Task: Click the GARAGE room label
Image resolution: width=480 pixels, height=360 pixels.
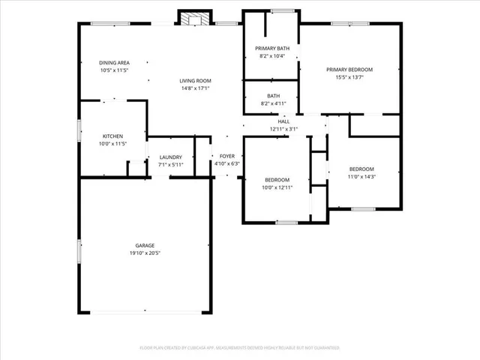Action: tap(145, 245)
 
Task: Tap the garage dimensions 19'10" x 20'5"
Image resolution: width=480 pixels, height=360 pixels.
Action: tap(145, 253)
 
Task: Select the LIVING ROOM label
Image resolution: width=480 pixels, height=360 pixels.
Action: tap(195, 81)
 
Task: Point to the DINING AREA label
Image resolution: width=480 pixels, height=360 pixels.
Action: tap(115, 62)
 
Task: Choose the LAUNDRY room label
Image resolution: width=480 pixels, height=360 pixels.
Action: tap(170, 157)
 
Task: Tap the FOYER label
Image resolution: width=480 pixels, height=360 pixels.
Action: tap(226, 156)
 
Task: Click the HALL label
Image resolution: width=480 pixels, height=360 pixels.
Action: tap(283, 121)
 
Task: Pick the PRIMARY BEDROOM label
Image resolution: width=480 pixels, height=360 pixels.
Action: tap(349, 69)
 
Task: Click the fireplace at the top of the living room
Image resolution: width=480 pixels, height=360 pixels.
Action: tap(195, 17)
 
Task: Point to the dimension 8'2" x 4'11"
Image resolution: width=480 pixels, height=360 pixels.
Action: tap(273, 103)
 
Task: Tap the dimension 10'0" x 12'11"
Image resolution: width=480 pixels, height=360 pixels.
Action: tap(277, 187)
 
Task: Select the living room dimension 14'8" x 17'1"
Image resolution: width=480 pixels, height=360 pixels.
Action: tap(195, 88)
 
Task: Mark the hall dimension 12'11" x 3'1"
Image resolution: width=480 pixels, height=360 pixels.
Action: tap(283, 129)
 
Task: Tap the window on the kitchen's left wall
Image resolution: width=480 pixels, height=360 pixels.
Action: tap(80, 130)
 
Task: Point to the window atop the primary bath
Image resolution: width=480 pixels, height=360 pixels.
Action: tap(282, 10)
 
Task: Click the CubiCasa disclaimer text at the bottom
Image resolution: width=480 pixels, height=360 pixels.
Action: tap(239, 348)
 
